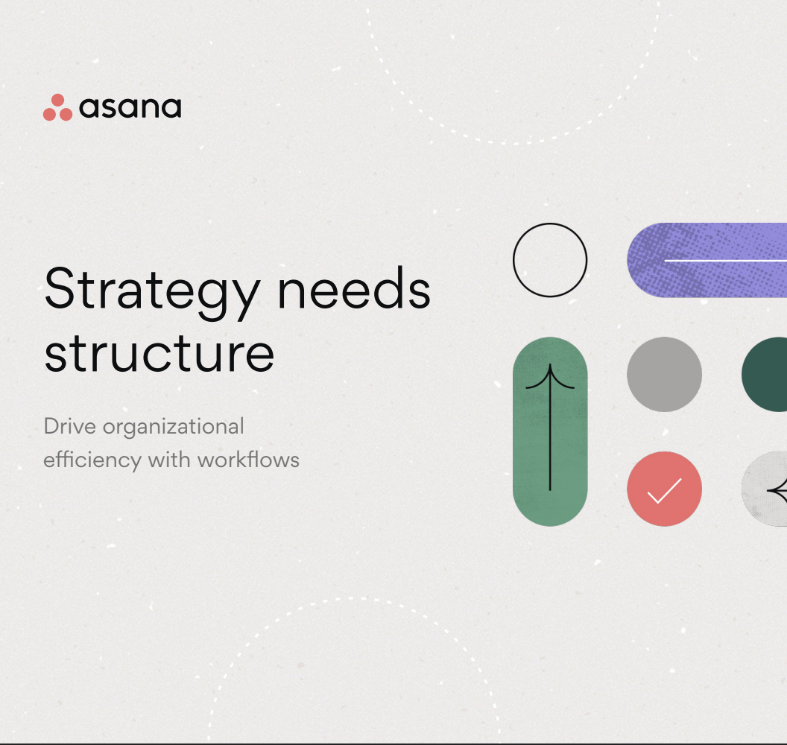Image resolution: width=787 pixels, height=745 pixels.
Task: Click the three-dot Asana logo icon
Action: [57, 108]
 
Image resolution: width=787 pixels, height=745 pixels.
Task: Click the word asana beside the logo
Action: [130, 108]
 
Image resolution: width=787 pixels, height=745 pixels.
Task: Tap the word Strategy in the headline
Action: [150, 291]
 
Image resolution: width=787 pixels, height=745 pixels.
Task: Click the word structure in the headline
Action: [159, 355]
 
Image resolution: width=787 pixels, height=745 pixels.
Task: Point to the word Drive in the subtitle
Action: [70, 427]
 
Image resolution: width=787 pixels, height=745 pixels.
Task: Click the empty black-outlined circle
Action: [550, 260]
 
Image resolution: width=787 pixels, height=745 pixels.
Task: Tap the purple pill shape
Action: [708, 260]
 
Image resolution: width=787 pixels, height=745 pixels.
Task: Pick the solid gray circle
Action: [664, 374]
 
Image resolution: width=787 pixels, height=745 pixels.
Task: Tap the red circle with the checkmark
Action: [664, 489]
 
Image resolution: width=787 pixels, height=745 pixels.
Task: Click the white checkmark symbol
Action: [664, 490]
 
